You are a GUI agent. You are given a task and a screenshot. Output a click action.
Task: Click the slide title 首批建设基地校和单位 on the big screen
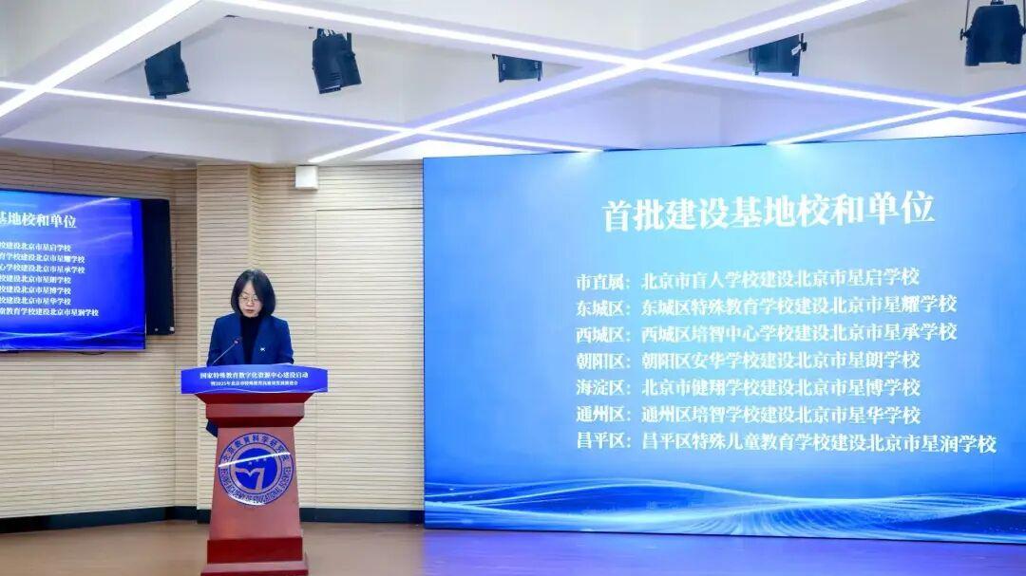[768, 211]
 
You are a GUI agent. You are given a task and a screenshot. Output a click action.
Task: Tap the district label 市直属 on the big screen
[602, 280]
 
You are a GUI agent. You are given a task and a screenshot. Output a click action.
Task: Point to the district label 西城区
[602, 334]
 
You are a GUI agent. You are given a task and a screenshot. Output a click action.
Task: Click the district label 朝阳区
[602, 362]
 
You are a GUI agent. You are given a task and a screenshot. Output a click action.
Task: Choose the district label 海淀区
[602, 388]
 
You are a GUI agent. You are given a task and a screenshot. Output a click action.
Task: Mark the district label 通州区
[602, 416]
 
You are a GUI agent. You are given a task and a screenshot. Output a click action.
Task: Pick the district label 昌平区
[602, 442]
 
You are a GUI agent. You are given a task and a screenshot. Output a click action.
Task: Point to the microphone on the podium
[225, 352]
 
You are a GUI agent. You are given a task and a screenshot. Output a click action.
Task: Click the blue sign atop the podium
[254, 380]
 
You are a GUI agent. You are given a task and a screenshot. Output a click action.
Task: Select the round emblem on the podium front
[255, 468]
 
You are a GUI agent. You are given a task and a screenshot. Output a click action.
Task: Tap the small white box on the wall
[306, 177]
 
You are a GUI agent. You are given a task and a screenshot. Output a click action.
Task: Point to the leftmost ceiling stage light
[166, 71]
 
